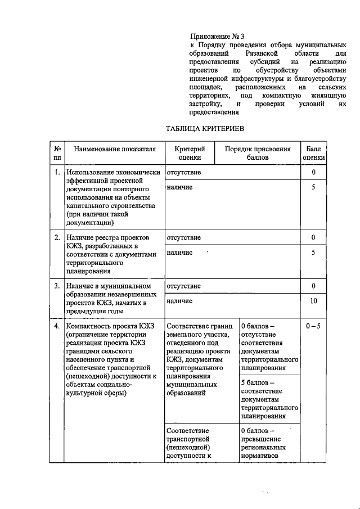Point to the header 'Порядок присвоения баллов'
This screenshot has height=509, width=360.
pyautogui.click(x=258, y=154)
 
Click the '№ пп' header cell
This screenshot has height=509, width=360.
pyautogui.click(x=57, y=154)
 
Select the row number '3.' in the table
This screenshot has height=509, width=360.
pyautogui.click(x=57, y=286)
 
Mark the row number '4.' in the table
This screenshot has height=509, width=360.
pyautogui.click(x=57, y=326)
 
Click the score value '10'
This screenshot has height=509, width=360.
pyautogui.click(x=313, y=301)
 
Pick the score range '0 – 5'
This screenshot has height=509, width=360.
pyautogui.click(x=313, y=326)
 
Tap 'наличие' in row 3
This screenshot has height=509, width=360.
pyautogui.click(x=180, y=301)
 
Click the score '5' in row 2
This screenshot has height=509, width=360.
pyautogui.click(x=313, y=253)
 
